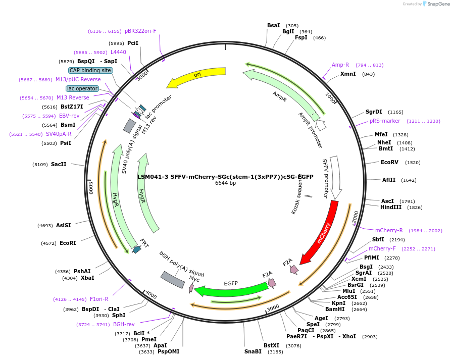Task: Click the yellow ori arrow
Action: pyautogui.click(x=196, y=76)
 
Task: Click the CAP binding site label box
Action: pyautogui.click(x=90, y=70)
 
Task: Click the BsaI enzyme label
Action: pyautogui.click(x=273, y=25)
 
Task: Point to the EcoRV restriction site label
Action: pyautogui.click(x=389, y=162)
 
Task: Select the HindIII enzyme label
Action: pyautogui.click(x=391, y=207)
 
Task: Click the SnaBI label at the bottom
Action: pyautogui.click(x=253, y=351)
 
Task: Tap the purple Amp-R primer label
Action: pyautogui.click(x=340, y=65)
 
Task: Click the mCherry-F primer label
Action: pyautogui.click(x=382, y=248)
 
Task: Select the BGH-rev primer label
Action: pyautogui.click(x=124, y=324)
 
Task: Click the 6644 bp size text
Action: pyautogui.click(x=225, y=183)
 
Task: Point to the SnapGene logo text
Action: pyautogui.click(x=438, y=4)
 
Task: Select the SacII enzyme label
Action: pyautogui.click(x=58, y=164)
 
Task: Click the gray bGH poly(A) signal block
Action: pyautogui.click(x=173, y=280)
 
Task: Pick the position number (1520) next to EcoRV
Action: pyautogui.click(x=413, y=163)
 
